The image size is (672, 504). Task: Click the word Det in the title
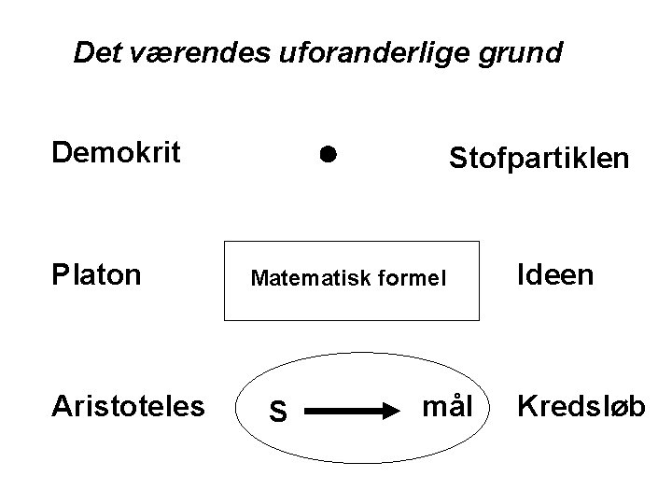[x=93, y=53]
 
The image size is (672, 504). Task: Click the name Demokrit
[x=117, y=151]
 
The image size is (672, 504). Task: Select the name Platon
[x=97, y=275]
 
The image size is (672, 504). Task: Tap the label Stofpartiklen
[x=539, y=159]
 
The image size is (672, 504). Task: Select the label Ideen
[x=556, y=275]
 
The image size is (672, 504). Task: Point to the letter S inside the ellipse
[x=277, y=410]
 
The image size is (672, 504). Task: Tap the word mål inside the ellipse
[x=444, y=405]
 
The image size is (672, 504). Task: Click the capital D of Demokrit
[x=60, y=151]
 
